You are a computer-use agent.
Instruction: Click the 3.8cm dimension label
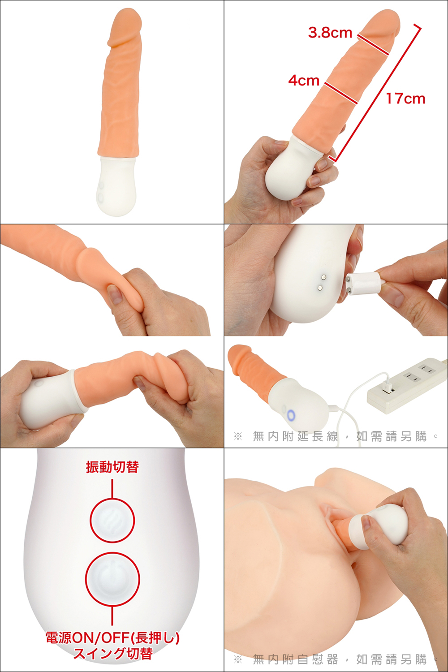pos(330,32)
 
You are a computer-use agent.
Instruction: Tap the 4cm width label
pos(304,80)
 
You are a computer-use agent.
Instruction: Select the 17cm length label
pos(406,99)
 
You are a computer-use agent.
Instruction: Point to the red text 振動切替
pos(112,467)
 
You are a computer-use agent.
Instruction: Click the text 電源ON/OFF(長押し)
pos(112,638)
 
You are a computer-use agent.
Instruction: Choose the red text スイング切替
pos(113,653)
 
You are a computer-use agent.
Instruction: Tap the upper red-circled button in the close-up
pos(112,521)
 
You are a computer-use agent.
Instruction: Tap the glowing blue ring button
pos(291,415)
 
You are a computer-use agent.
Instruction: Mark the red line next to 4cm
pos(340,93)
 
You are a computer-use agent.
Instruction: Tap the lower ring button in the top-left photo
pos(100,197)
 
